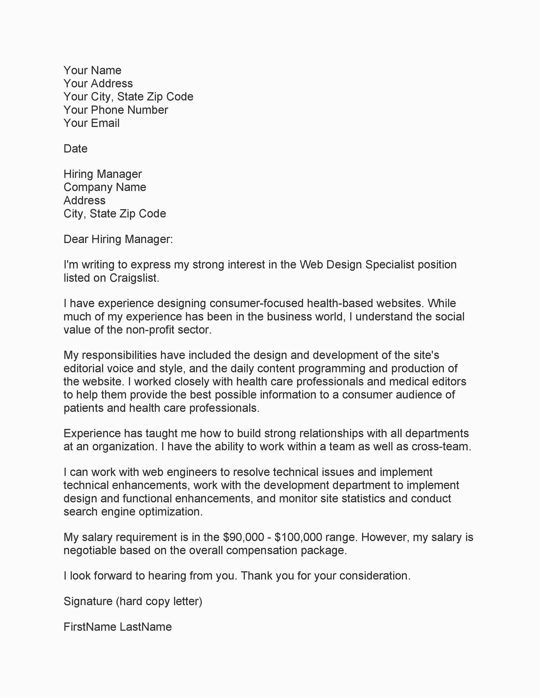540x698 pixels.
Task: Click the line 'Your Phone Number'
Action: pyautogui.click(x=115, y=110)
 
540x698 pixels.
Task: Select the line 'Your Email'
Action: pyautogui.click(x=91, y=123)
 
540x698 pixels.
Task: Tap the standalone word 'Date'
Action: pyautogui.click(x=75, y=149)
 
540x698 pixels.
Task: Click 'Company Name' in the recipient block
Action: pyautogui.click(x=105, y=187)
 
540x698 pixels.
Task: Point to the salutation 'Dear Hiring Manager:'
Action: pyautogui.click(x=118, y=239)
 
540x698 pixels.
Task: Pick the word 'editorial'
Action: pyautogui.click(x=84, y=369)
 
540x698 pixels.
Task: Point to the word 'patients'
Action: pyautogui.click(x=84, y=408)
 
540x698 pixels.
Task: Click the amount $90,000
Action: pyautogui.click(x=243, y=537)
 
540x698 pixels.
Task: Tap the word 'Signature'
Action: pyautogui.click(x=88, y=601)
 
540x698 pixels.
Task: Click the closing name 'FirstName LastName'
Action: pyautogui.click(x=117, y=627)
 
